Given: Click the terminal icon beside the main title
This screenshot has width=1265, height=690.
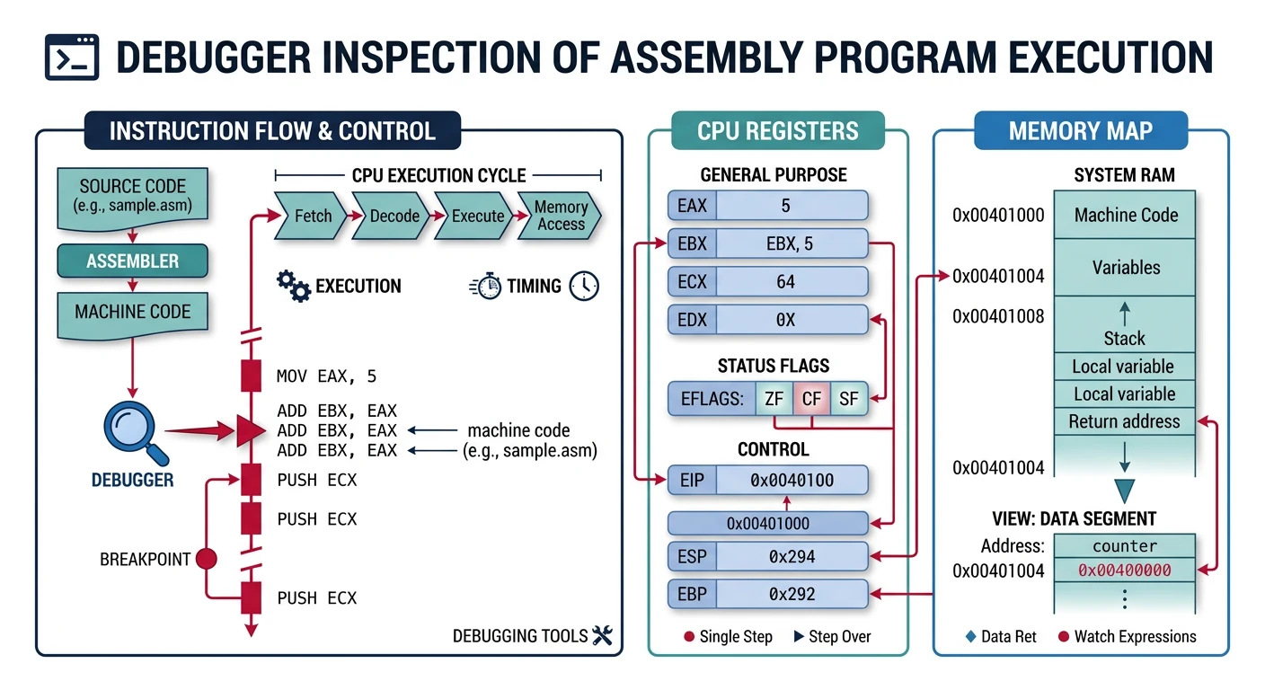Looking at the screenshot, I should click(73, 58).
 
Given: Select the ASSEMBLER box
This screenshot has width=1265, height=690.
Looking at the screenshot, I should click(132, 261).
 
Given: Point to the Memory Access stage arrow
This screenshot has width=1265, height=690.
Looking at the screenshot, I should click(560, 216).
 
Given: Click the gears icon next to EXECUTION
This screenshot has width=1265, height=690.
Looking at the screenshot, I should click(292, 286).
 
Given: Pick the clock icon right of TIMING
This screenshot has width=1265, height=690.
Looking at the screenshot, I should click(584, 286).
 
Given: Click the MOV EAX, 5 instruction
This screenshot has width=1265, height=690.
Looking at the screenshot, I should click(327, 376).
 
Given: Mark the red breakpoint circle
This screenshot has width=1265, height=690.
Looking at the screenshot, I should click(207, 559).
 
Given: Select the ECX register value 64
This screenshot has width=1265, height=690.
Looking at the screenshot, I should click(785, 282).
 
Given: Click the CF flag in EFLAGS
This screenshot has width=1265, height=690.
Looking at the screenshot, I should click(811, 399).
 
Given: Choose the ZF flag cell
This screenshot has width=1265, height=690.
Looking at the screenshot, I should click(774, 399).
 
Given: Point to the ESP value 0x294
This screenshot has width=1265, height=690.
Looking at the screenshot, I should click(792, 556).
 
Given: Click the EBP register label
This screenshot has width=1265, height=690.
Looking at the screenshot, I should click(692, 594).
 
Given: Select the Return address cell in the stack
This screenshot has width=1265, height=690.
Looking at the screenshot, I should click(1124, 421).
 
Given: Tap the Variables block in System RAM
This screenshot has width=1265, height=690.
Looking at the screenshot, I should click(1125, 267).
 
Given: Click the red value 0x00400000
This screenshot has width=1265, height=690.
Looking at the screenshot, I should click(1124, 570).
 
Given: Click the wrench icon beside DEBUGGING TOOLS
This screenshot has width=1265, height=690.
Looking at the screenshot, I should click(603, 636).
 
